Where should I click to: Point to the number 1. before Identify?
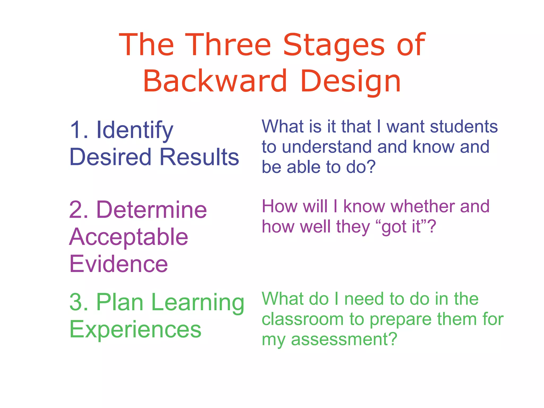(x=79, y=130)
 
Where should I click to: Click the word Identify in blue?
(x=135, y=130)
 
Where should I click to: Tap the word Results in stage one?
(x=199, y=157)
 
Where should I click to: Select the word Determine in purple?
(x=151, y=210)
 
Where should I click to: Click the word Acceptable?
(x=129, y=237)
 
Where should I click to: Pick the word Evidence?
(x=119, y=264)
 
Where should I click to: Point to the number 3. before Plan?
(x=79, y=302)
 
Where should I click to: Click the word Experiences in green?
(x=135, y=329)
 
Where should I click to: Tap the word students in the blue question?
(x=464, y=126)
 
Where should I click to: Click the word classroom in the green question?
(x=303, y=319)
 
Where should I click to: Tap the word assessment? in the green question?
(x=344, y=340)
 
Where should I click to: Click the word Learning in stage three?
(x=197, y=302)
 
